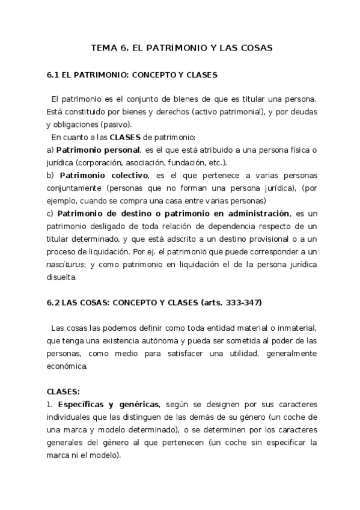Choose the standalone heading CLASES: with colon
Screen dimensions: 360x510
63,390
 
